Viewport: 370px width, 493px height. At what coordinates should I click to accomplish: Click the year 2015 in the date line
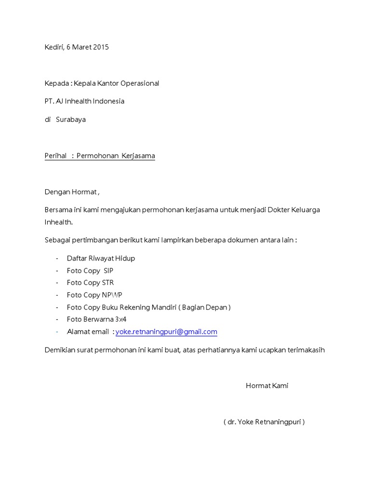tap(100, 47)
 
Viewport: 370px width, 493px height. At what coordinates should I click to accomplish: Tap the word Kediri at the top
tap(54, 47)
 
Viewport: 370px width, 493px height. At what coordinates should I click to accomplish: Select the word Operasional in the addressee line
tap(140, 83)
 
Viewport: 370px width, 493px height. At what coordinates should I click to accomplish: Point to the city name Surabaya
tap(71, 119)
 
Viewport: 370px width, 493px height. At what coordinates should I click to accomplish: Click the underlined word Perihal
tap(55, 156)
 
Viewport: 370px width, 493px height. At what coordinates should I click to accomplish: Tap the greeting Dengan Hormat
tap(71, 192)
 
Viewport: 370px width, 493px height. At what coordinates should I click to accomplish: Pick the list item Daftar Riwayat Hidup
tap(101, 259)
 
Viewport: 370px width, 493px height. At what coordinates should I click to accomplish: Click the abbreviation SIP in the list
tap(108, 271)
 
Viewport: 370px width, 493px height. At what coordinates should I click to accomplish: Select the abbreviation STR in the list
tap(108, 283)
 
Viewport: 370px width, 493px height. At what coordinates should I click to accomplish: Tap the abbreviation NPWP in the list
tap(112, 295)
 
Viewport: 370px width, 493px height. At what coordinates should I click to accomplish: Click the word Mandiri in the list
tap(164, 307)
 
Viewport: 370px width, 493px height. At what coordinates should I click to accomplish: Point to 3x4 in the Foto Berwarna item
tap(120, 319)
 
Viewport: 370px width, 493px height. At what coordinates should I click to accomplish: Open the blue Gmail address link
tap(166, 332)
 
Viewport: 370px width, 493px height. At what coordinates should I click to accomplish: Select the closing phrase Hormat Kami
tap(267, 386)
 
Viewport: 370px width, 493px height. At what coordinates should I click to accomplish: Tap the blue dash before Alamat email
tap(57, 332)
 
